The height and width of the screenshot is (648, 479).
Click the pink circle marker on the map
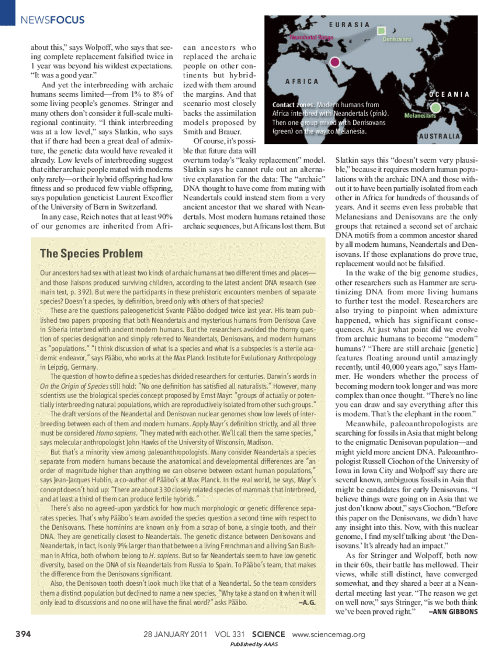pyautogui.click(x=335, y=63)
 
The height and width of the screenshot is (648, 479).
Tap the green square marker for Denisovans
pyautogui.click(x=381, y=31)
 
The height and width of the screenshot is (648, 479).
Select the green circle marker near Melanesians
pyautogui.click(x=436, y=107)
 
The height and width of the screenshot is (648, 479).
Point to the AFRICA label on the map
pyautogui.click(x=302, y=82)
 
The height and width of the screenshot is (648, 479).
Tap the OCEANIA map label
pyautogui.click(x=449, y=94)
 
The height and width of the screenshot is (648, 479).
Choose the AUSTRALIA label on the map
pyautogui.click(x=440, y=136)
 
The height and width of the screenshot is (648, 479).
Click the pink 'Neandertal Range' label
pyautogui.click(x=311, y=38)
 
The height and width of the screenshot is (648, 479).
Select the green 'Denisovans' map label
pyautogui.click(x=397, y=39)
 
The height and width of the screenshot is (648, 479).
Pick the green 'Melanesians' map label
pyautogui.click(x=420, y=115)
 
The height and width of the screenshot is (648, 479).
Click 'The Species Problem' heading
pyautogui.click(x=91, y=254)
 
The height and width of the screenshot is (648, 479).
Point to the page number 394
pyautogui.click(x=23, y=634)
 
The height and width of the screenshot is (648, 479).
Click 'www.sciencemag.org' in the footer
pyautogui.click(x=328, y=634)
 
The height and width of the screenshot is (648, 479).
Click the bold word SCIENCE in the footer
pyautogui.click(x=269, y=634)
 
